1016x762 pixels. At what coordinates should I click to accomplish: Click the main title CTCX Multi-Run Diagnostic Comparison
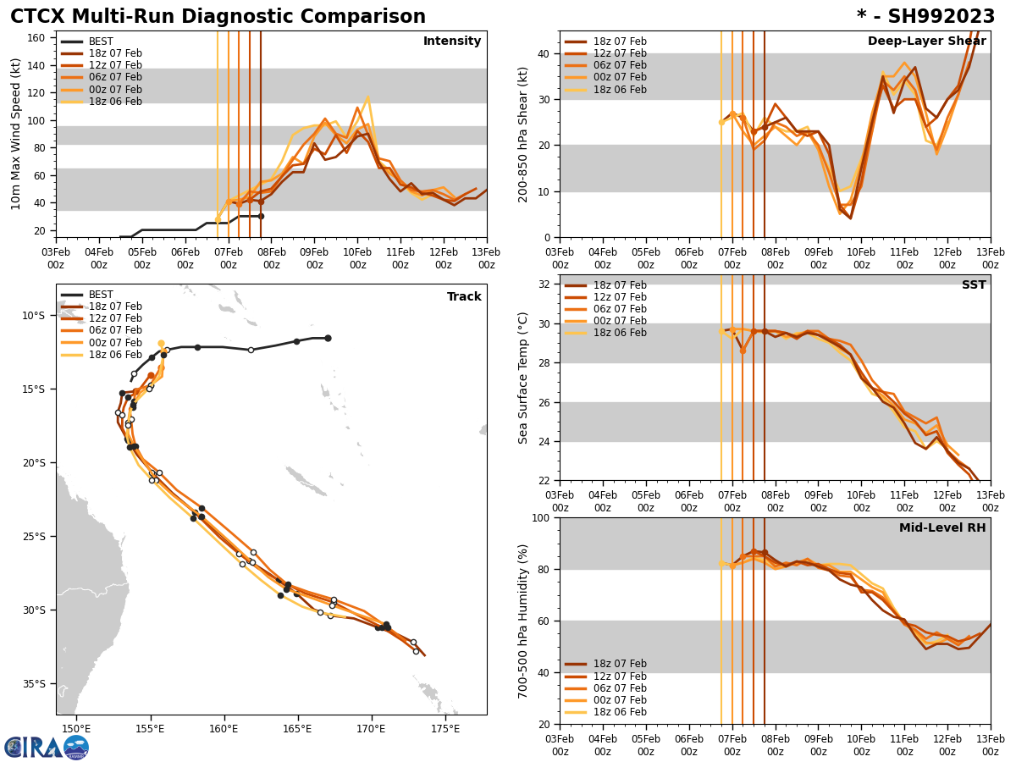pos(218,17)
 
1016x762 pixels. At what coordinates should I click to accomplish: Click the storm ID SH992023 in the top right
pos(925,17)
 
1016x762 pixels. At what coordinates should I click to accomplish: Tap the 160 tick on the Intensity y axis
pos(40,38)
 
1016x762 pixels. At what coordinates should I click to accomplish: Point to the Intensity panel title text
pos(452,41)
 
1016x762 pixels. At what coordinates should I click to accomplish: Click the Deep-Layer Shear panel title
pos(926,41)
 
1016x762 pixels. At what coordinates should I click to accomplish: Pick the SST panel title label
pos(974,285)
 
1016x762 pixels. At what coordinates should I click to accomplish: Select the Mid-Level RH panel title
pos(942,528)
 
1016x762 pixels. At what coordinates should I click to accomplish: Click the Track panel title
pos(464,297)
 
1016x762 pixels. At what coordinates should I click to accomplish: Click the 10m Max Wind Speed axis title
pos(16,134)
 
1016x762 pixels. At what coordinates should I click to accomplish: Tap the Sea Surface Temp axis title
pos(523,378)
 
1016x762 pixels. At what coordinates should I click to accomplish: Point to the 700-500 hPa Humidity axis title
pos(523,621)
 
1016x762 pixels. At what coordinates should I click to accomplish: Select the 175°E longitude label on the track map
pos(445,729)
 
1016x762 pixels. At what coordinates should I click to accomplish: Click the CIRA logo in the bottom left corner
pos(47,747)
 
